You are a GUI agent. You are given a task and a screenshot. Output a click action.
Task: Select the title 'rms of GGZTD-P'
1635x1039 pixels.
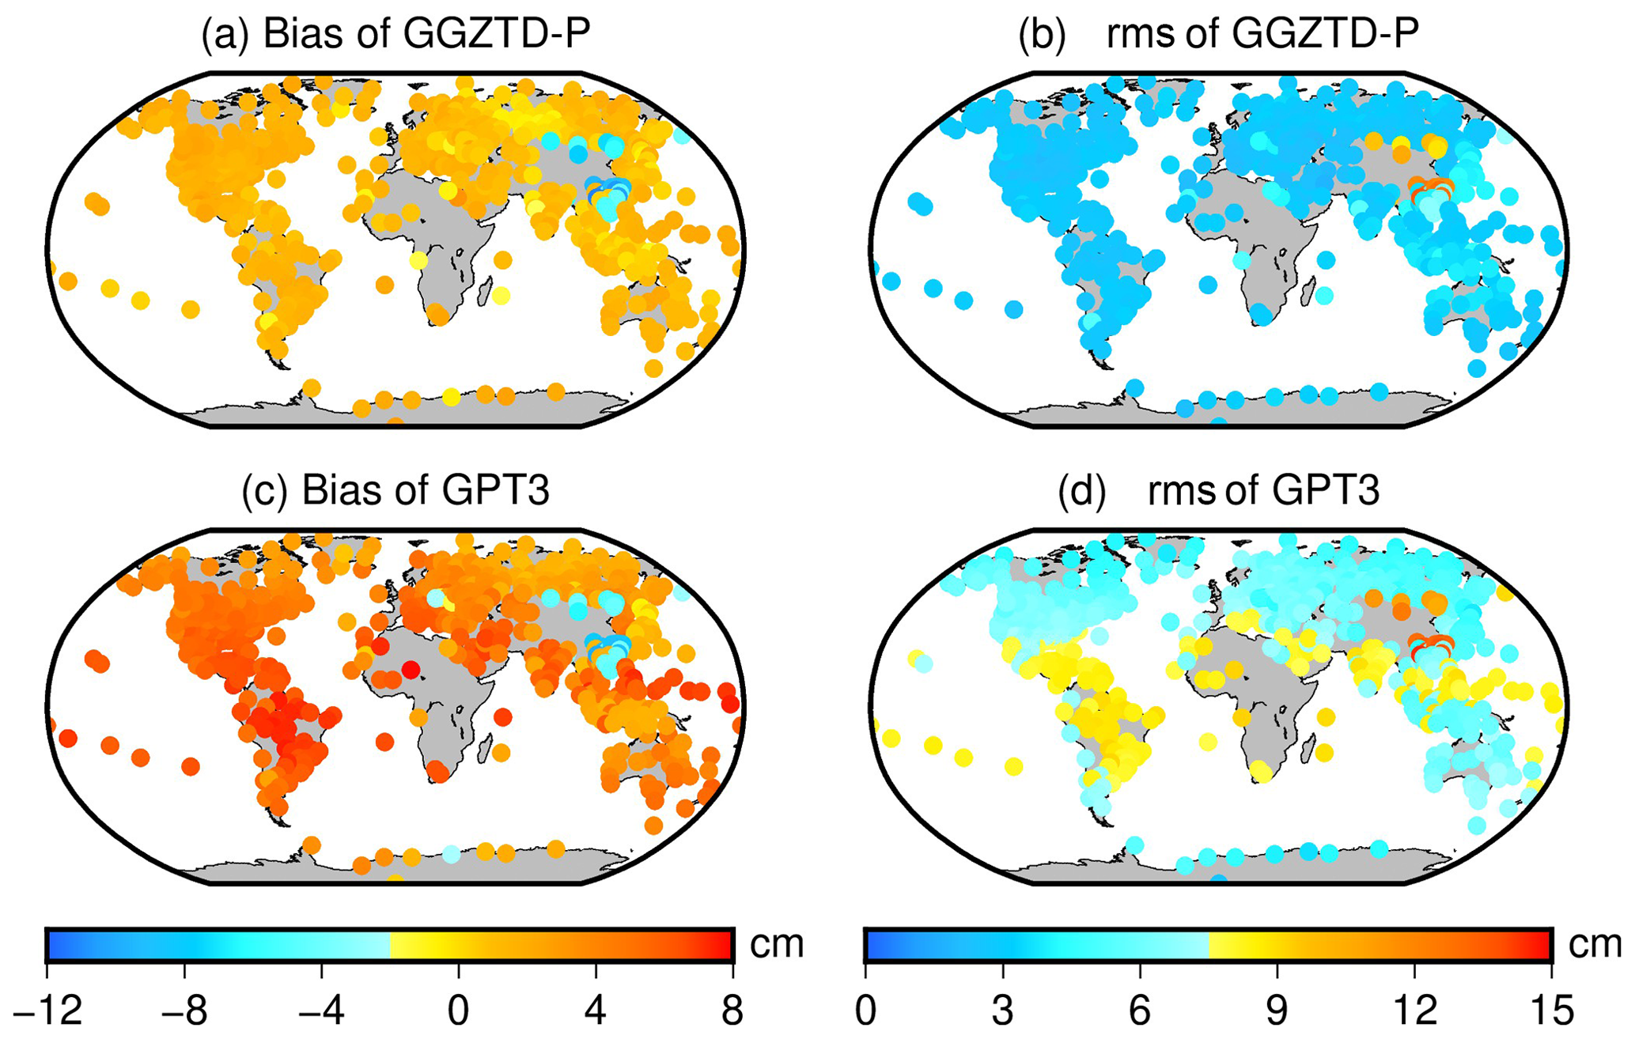tap(1262, 35)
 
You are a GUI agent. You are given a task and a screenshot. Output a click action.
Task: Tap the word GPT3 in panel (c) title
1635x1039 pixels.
tap(495, 490)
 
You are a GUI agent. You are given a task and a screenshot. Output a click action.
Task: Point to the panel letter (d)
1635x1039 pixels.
tap(1081, 490)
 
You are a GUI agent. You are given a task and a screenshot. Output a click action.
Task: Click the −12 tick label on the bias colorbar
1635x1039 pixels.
tap(47, 1011)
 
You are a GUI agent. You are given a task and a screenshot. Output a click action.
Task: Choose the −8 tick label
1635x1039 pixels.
tap(184, 1011)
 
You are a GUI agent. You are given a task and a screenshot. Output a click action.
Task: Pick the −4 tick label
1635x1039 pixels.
tap(321, 1011)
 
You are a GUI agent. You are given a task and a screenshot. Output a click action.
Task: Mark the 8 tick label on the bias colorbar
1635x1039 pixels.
tap(732, 1011)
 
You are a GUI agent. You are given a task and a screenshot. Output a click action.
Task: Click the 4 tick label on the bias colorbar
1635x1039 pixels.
tap(596, 1011)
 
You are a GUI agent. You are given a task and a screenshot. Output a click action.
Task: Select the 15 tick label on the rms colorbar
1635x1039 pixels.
tap(1551, 1011)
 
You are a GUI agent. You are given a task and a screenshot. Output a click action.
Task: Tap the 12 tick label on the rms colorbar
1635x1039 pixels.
tap(1414, 1011)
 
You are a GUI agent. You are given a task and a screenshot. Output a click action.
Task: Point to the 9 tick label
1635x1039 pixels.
tap(1277, 1011)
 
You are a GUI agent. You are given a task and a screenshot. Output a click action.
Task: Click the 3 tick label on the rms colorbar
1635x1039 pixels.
tap(1002, 1011)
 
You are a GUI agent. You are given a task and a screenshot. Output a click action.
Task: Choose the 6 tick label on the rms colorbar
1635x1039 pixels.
tap(1140, 1011)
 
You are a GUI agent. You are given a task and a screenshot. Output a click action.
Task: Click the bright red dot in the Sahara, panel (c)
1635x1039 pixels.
tap(411, 670)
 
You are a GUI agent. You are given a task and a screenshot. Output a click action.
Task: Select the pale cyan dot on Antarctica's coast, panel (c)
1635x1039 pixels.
tap(451, 855)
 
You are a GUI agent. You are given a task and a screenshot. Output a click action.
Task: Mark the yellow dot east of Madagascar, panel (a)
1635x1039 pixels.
tap(501, 296)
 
